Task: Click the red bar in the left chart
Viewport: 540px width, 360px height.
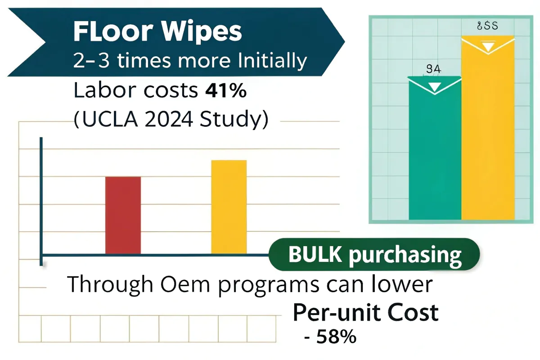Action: (x=123, y=215)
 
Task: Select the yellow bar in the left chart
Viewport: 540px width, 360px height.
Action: (x=229, y=207)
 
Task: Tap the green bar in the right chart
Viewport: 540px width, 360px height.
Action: (x=435, y=153)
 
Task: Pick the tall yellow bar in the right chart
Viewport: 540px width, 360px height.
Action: (x=487, y=135)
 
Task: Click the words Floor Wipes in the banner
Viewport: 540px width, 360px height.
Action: (x=157, y=32)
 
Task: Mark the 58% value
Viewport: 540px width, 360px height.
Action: (x=336, y=337)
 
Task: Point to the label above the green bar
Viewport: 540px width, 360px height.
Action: (x=434, y=69)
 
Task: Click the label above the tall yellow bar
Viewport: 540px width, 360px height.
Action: (x=487, y=26)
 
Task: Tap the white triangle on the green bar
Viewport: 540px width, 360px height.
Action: (x=435, y=86)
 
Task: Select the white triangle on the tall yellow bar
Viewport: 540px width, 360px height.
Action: (x=487, y=47)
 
